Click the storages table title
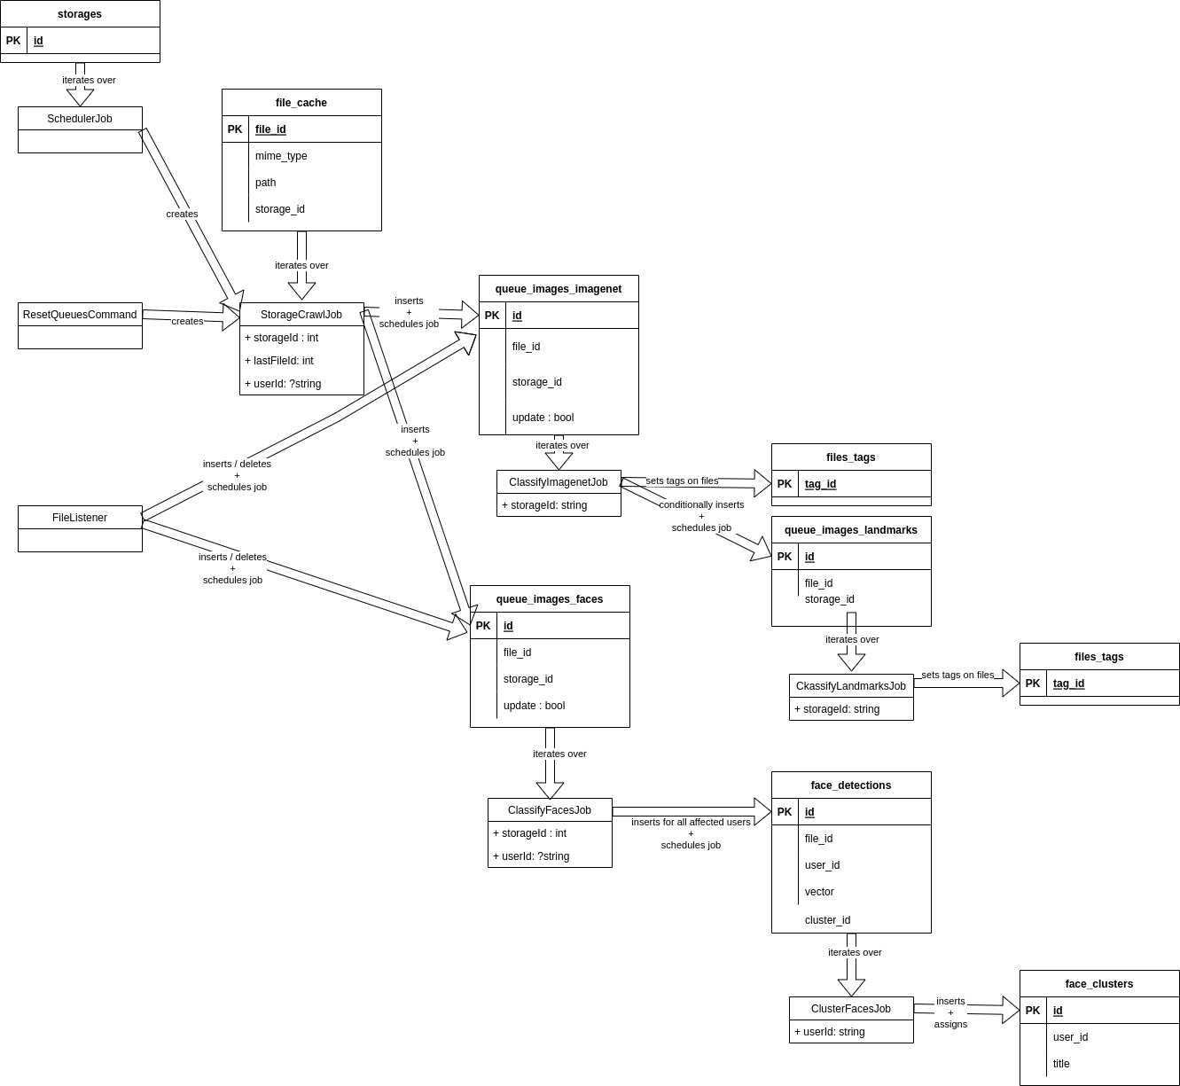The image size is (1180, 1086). coord(80,14)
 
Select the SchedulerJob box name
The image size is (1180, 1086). coord(80,119)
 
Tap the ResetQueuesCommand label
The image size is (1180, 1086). coord(80,315)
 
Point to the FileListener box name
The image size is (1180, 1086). coord(80,518)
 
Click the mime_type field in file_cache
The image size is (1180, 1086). coord(281,156)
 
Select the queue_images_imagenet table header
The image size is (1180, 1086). coord(559,289)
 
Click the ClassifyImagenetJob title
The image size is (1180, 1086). coord(559,482)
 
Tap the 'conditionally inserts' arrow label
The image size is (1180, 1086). coord(701,504)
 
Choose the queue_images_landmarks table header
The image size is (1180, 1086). coord(851,530)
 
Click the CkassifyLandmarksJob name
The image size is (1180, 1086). coord(851,686)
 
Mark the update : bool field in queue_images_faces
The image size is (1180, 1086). coord(534,706)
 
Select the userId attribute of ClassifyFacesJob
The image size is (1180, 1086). coord(531,856)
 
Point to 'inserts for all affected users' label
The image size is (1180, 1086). coord(691,822)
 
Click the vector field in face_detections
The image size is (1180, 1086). coord(819,892)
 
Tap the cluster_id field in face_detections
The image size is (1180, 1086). coord(827,920)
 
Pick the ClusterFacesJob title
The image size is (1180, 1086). coord(851,1009)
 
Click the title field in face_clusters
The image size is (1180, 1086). coord(1061,1064)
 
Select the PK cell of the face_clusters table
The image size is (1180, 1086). coord(1033,1011)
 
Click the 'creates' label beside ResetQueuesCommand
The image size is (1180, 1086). coord(187,321)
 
